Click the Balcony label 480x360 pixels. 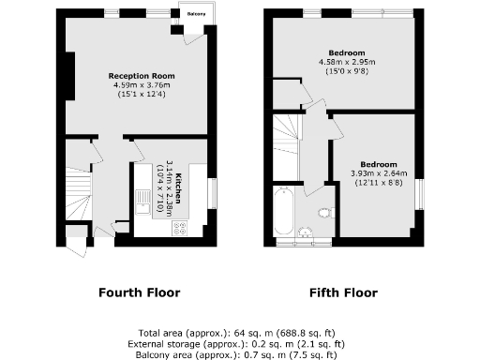click(x=195, y=14)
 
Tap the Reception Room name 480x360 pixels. click(x=141, y=76)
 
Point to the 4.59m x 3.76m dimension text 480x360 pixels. click(x=141, y=85)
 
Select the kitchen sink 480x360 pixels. click(x=142, y=200)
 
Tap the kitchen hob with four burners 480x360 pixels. click(x=180, y=228)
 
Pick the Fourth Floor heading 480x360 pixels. click(x=141, y=292)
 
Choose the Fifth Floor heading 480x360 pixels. click(x=343, y=292)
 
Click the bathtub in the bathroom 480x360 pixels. click(x=281, y=211)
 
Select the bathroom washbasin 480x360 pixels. click(x=304, y=232)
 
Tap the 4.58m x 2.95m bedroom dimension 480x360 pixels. click(x=347, y=62)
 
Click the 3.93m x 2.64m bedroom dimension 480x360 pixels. click(x=373, y=172)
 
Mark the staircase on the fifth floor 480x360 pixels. click(x=287, y=141)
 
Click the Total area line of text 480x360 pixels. click(x=240, y=333)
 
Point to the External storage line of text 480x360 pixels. click(x=240, y=343)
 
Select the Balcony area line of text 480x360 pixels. click(x=240, y=353)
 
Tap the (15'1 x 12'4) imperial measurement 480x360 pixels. click(x=141, y=95)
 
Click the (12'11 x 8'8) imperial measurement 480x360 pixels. click(x=373, y=182)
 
